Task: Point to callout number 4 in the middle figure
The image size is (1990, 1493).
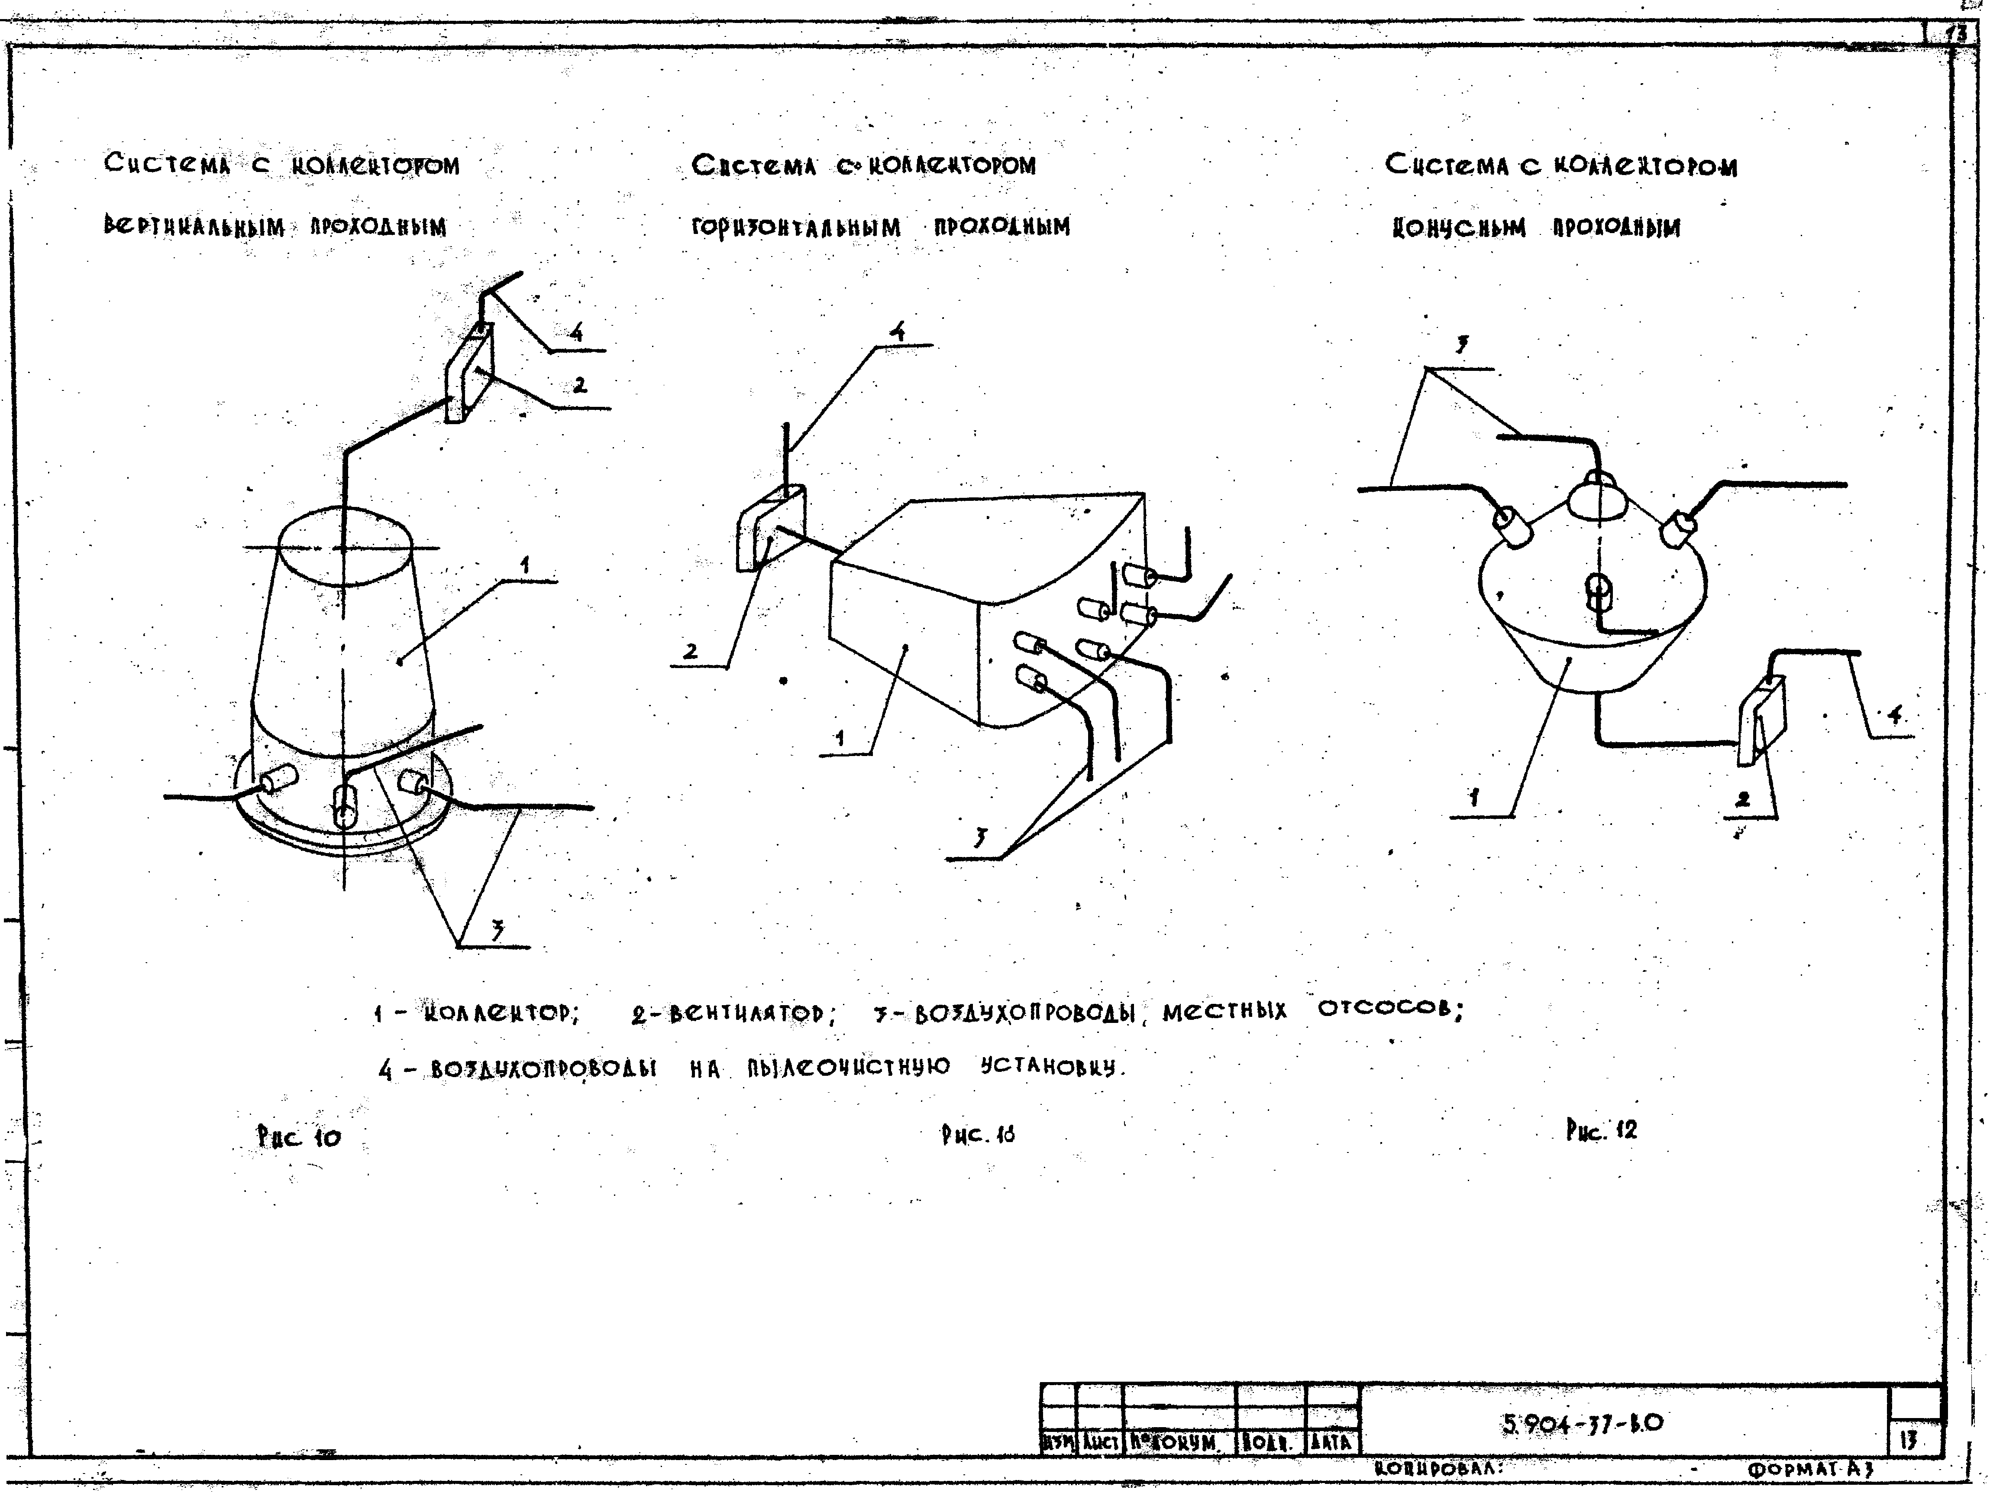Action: [x=897, y=331]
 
